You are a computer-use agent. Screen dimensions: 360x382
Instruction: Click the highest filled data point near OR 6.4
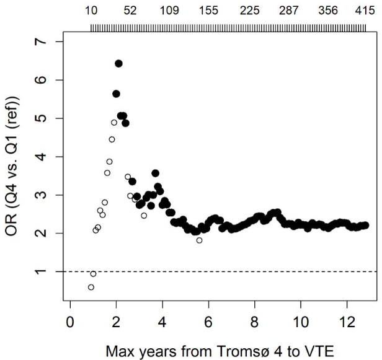point(118,63)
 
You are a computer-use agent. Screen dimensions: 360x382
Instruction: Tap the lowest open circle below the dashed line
point(91,288)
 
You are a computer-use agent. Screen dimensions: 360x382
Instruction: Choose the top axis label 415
point(365,11)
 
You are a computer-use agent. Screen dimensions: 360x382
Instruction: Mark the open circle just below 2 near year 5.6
point(199,240)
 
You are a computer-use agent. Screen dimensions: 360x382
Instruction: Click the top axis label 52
point(130,11)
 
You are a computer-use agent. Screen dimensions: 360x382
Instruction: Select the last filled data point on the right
point(365,226)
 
